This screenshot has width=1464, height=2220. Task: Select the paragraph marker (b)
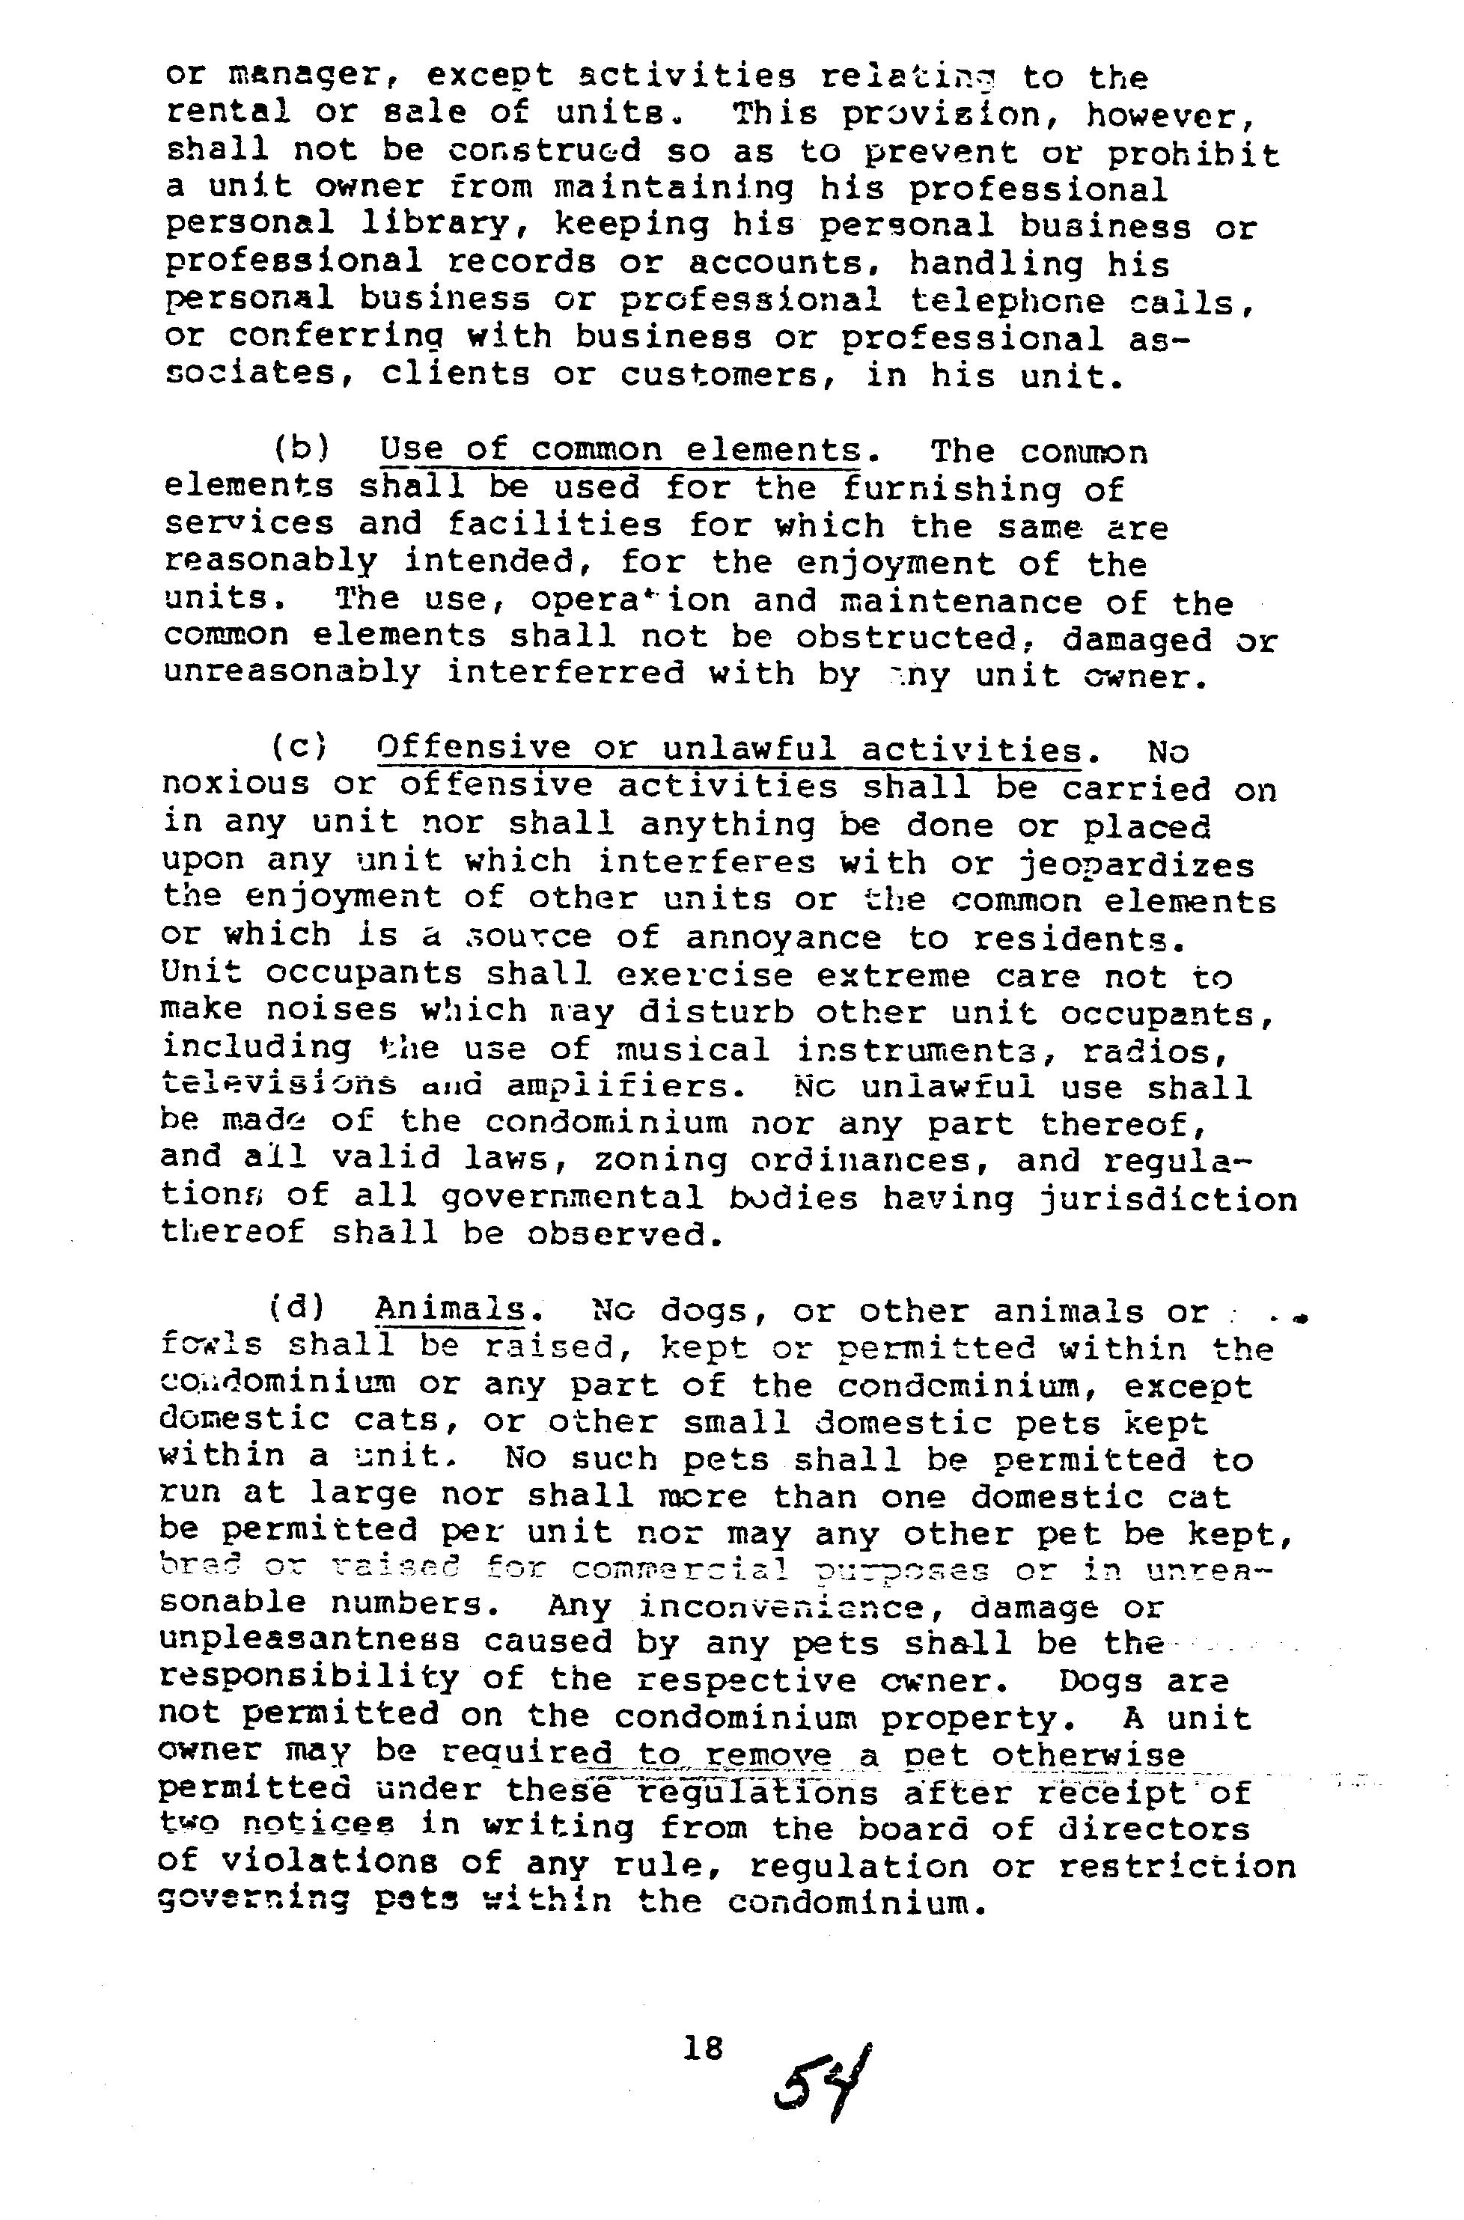[x=302, y=451]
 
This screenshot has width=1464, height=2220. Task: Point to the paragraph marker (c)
[x=299, y=748]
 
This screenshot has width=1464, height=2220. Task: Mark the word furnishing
[x=951, y=488]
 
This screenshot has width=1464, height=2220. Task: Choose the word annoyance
[x=782, y=936]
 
